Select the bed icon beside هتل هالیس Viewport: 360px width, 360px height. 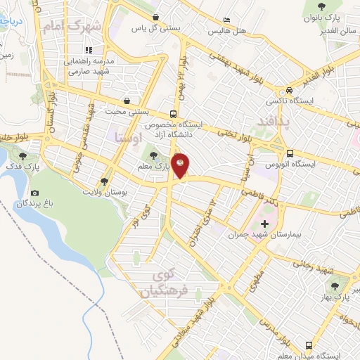point(226,20)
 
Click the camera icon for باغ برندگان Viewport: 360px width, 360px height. point(35,193)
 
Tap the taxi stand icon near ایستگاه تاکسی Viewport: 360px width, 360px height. point(289,91)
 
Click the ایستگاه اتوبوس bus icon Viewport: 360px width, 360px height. point(289,153)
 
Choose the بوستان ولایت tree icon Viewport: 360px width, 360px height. point(105,180)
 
